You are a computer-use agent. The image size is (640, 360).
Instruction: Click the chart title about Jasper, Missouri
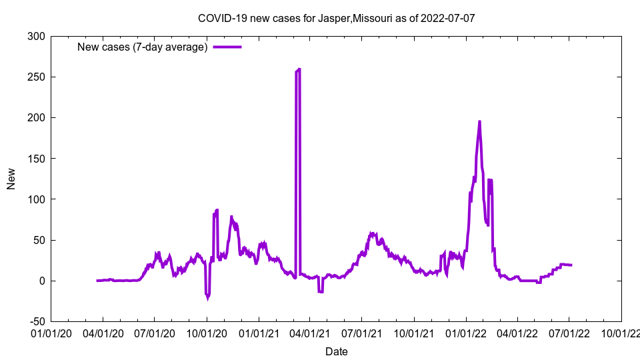click(336, 18)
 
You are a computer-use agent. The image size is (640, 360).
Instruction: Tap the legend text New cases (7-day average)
click(143, 47)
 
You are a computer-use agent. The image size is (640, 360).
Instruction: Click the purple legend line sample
click(227, 47)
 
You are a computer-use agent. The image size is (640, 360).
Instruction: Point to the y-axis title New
click(11, 179)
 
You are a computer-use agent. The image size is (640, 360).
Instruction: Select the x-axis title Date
click(336, 351)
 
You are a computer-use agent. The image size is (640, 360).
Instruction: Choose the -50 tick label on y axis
click(36, 321)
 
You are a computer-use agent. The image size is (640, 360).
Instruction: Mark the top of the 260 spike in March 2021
click(299, 69)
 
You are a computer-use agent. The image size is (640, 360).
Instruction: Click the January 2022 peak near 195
click(479, 122)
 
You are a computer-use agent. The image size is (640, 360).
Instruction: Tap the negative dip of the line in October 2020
click(207, 297)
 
